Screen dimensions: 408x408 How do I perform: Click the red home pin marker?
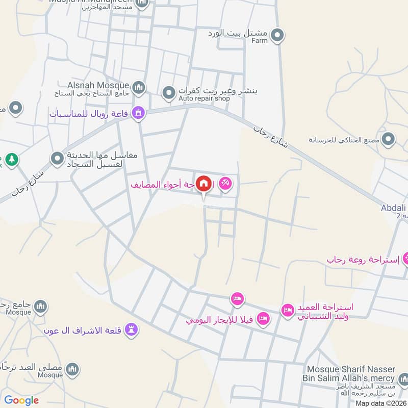203,183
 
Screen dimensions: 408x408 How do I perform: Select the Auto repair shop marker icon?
168,93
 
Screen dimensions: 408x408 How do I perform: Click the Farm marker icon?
277,35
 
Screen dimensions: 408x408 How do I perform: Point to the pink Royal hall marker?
138,113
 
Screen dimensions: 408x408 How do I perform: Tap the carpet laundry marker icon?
57,159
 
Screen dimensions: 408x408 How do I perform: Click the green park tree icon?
12,160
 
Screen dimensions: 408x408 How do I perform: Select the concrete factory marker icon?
389,139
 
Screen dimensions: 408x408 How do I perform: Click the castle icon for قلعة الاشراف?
132,330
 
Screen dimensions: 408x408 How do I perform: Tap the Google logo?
21,400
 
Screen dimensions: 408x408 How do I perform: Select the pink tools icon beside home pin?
225,183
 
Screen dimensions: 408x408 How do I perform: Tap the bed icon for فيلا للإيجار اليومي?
263,319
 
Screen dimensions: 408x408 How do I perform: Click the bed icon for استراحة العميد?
288,310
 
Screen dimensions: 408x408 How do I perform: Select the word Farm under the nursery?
259,41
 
